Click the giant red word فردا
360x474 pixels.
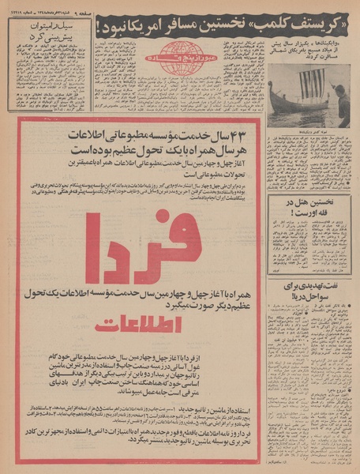[x=142, y=246]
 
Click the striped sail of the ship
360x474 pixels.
[x=313, y=82]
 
